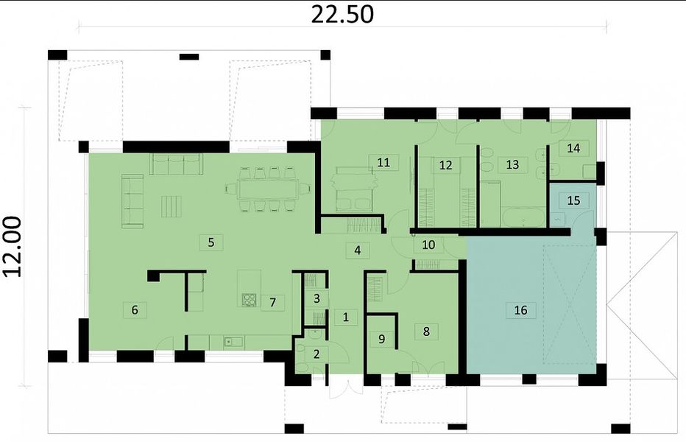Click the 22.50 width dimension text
coord(342,14)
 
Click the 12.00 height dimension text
coord(13,247)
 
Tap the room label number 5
coord(211,242)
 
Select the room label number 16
coord(520,310)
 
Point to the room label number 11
coord(383,162)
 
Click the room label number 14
coord(573,148)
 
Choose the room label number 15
coord(573,200)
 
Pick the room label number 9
coord(381,339)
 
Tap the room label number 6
coord(135,309)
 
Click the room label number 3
coord(317,299)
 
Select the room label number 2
coord(317,354)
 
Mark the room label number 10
coord(428,245)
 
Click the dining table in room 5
coord(268,189)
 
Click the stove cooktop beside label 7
coord(250,300)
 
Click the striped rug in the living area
coord(171,207)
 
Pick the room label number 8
coord(427,331)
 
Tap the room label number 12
coord(445,165)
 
